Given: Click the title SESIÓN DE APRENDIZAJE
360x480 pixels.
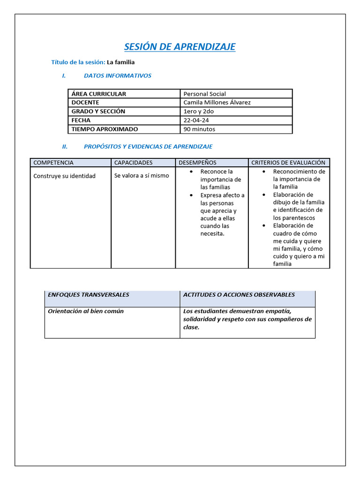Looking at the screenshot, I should pos(180,47).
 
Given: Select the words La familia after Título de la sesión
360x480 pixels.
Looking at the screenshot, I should pos(120,62).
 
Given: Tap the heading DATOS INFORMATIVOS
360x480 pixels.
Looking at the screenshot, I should pos(117,75).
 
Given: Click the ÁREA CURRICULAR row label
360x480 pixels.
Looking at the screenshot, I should pos(99,94).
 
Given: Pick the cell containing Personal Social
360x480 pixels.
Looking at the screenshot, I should pos(205,94).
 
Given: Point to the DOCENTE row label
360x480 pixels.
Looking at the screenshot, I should pos(85,103).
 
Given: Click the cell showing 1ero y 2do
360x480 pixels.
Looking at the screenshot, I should pos(198,112).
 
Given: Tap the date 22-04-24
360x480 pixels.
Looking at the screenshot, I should pos(196,120).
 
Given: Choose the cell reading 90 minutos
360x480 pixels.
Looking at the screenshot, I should pos(199,129).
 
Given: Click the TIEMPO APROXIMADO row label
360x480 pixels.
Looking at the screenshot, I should pos(105,129).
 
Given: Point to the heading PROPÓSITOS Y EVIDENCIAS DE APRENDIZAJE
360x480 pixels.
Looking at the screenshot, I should pos(148,147).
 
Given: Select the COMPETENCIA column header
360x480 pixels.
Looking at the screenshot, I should pos(53,163).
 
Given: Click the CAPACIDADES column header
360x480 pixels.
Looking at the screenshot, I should pos(134,163).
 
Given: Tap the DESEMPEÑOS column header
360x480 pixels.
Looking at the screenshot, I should pos(197,163).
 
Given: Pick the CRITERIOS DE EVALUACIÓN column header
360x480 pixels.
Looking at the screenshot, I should pos(288,163).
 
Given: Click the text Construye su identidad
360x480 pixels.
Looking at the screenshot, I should pos(64,176).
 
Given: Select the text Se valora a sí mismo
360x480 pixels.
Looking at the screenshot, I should pos(142,176).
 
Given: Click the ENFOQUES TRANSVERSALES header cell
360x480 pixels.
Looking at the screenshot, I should pos(88,295).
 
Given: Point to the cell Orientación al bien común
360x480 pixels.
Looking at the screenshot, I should pos(86,311).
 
